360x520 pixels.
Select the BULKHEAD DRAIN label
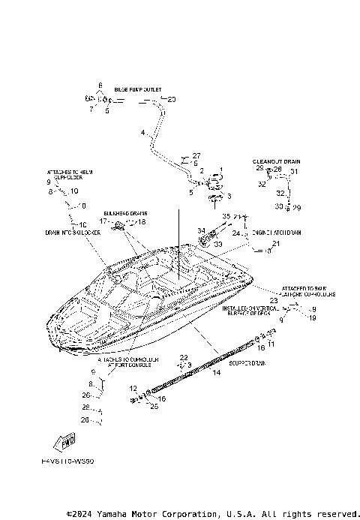pos(125,213)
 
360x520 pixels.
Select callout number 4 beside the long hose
pos(142,133)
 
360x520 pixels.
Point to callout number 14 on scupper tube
pos(216,372)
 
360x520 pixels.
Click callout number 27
pos(196,155)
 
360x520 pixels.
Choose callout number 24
pos(235,234)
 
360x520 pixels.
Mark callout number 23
pos(273,300)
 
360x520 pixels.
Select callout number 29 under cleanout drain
pos(297,207)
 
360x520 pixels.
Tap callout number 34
pos(201,230)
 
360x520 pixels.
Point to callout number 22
pos(182,356)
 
